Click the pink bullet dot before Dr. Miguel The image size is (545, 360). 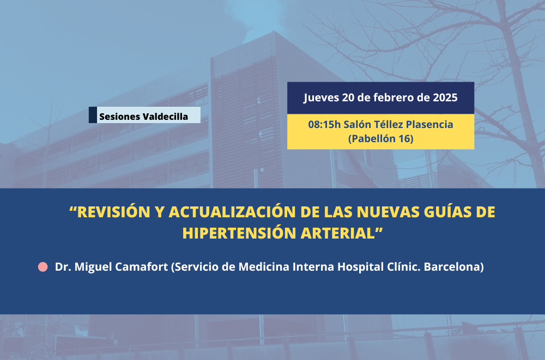(43, 267)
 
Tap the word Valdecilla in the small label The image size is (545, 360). (166, 117)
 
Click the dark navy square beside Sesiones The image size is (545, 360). (93, 115)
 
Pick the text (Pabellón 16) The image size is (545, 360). (380, 139)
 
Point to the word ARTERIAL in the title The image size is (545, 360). (337, 233)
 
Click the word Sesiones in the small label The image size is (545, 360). (119, 117)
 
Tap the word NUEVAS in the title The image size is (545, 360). (388, 212)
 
